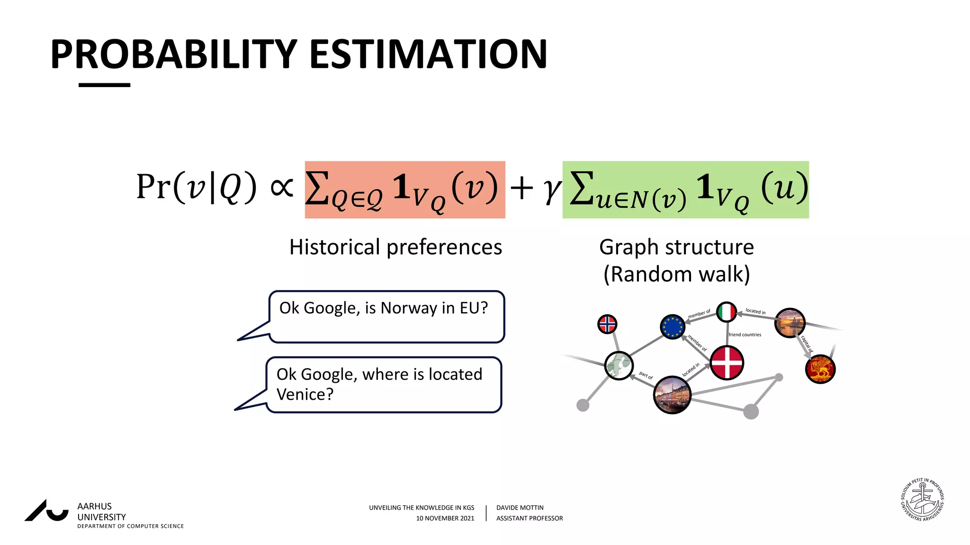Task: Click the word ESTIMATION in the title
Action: pyautogui.click(x=428, y=54)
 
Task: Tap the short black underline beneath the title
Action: pyautogui.click(x=104, y=85)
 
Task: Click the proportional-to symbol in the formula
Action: pyautogui.click(x=281, y=187)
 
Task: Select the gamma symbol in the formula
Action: pyautogui.click(x=551, y=189)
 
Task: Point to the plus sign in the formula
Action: pyautogui.click(x=521, y=188)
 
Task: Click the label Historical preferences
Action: pyautogui.click(x=395, y=247)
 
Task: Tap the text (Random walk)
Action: pyautogui.click(x=676, y=274)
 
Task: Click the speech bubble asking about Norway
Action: pyautogui.click(x=386, y=316)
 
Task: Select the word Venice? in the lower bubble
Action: pyautogui.click(x=305, y=395)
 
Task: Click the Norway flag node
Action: pyautogui.click(x=607, y=325)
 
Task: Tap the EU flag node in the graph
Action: pyautogui.click(x=673, y=327)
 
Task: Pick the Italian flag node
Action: pyautogui.click(x=727, y=312)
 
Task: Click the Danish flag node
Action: pyautogui.click(x=727, y=363)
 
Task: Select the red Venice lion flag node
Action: pyautogui.click(x=820, y=369)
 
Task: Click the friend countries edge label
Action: pyautogui.click(x=745, y=335)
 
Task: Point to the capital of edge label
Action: pyautogui.click(x=807, y=344)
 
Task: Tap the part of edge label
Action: pyautogui.click(x=646, y=376)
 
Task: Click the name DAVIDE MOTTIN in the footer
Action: pyautogui.click(x=520, y=508)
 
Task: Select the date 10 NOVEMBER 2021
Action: pyautogui.click(x=445, y=519)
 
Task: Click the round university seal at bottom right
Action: pyautogui.click(x=922, y=500)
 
